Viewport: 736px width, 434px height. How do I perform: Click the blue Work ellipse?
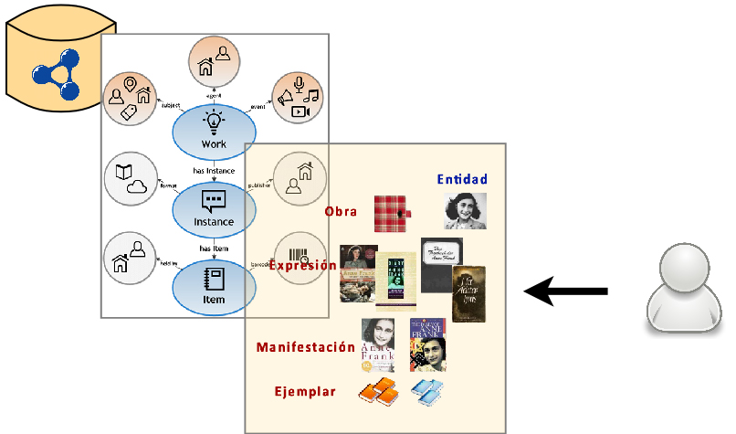pos(214,131)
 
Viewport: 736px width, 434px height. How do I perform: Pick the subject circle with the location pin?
pos(130,98)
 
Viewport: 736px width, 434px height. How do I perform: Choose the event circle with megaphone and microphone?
pos(299,98)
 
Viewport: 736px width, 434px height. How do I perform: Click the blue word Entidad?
pos(462,179)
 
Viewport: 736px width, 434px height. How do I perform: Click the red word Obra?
pos(341,212)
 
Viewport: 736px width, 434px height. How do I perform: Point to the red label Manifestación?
pos(305,347)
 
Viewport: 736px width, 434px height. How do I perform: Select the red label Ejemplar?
pos(305,392)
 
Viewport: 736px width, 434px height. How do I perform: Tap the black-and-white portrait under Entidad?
pos(465,210)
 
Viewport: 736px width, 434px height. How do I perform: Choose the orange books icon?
pos(377,391)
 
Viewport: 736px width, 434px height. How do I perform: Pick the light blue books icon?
pos(426,391)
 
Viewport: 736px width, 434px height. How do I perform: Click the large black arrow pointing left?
pos(566,291)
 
